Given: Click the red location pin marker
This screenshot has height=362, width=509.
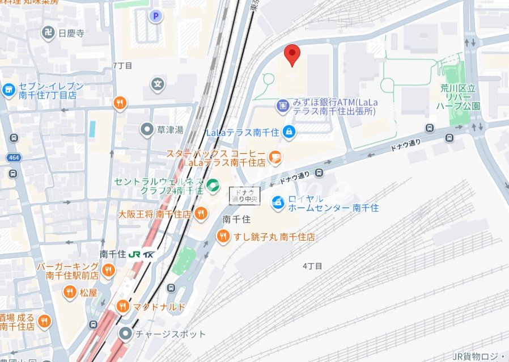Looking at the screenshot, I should point(292,54).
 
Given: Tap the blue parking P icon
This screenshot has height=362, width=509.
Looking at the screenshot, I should point(155,16).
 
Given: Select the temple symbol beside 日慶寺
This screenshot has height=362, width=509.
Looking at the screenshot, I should point(49,33).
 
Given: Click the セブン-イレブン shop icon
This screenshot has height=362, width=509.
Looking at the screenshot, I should point(8,90).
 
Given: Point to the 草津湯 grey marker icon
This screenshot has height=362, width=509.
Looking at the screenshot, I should point(147,130).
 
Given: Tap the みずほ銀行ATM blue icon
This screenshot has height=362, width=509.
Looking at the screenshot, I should point(282,105).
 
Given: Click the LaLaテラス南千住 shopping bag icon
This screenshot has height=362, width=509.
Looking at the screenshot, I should point(289,132).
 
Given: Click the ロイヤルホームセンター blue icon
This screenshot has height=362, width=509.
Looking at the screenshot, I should point(278,202).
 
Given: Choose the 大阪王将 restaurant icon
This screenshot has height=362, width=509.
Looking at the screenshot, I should point(200,214).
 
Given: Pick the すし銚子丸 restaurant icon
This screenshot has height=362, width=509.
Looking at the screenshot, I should point(224,237).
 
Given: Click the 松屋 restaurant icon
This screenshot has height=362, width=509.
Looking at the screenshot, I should point(69,292).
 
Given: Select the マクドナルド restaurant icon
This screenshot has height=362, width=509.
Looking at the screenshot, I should point(122,307).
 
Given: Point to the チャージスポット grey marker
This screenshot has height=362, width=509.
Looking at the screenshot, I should point(124,334).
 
